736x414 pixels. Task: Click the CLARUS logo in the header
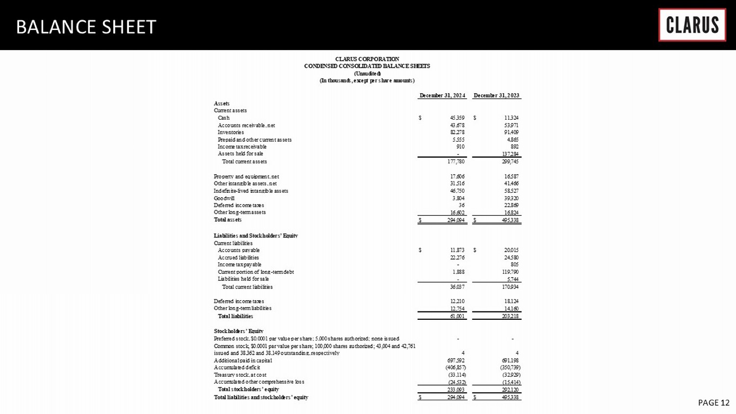(x=692, y=25)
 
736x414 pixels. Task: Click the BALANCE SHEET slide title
(x=86, y=27)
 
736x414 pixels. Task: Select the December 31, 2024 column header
(x=442, y=96)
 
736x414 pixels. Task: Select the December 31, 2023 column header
(x=497, y=96)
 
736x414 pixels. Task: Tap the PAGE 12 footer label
(x=713, y=403)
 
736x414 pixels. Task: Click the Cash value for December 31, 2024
(x=457, y=118)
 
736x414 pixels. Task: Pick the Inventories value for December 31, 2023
(x=511, y=132)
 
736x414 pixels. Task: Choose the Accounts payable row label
(x=238, y=250)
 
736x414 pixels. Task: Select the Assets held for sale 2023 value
(x=510, y=154)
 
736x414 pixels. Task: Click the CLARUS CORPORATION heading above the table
(x=367, y=59)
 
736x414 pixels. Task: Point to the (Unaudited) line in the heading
(x=367, y=73)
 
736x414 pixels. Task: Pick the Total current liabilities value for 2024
(x=457, y=287)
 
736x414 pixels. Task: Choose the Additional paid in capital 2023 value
(x=510, y=361)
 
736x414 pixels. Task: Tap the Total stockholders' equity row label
(x=248, y=389)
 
